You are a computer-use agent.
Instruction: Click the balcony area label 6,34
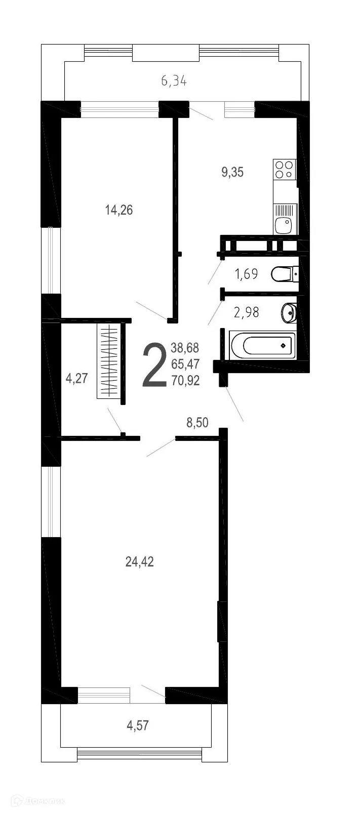pyautogui.click(x=174, y=80)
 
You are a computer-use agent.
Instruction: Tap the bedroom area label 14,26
pyautogui.click(x=119, y=210)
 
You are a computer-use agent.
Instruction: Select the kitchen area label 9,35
pyautogui.click(x=232, y=172)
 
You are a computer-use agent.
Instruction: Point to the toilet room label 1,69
pyautogui.click(x=246, y=274)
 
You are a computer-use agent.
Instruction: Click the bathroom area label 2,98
pyautogui.click(x=246, y=312)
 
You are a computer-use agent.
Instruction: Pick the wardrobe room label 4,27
pyautogui.click(x=77, y=378)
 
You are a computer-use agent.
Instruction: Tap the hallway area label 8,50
pyautogui.click(x=197, y=422)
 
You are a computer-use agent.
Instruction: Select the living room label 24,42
pyautogui.click(x=139, y=561)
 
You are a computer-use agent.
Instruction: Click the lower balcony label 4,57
pyautogui.click(x=138, y=725)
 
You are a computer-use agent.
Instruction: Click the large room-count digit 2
pyautogui.click(x=154, y=365)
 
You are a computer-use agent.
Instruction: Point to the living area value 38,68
pyautogui.click(x=185, y=348)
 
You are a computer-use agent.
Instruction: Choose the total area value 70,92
pyautogui.click(x=185, y=380)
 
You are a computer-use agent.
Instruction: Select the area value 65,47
pyautogui.click(x=185, y=364)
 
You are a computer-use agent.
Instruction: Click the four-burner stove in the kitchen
pyautogui.click(x=284, y=170)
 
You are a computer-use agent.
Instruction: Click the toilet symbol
pyautogui.click(x=284, y=274)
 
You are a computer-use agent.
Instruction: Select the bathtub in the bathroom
pyautogui.click(x=262, y=346)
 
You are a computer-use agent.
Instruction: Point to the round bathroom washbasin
pyautogui.click(x=289, y=313)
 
